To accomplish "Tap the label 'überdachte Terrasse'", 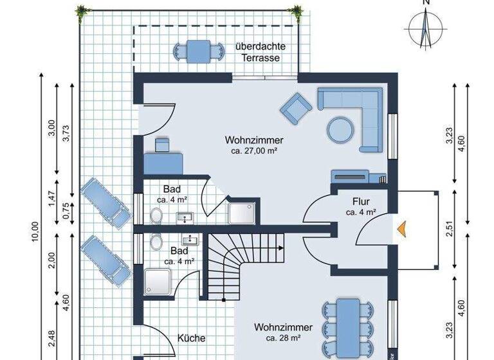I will coord(261,52).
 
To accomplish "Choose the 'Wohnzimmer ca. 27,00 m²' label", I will coord(254,145).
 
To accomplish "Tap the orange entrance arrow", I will coord(401,228).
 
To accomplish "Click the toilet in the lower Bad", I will coord(156,242).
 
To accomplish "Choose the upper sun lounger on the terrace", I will coord(105,203).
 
